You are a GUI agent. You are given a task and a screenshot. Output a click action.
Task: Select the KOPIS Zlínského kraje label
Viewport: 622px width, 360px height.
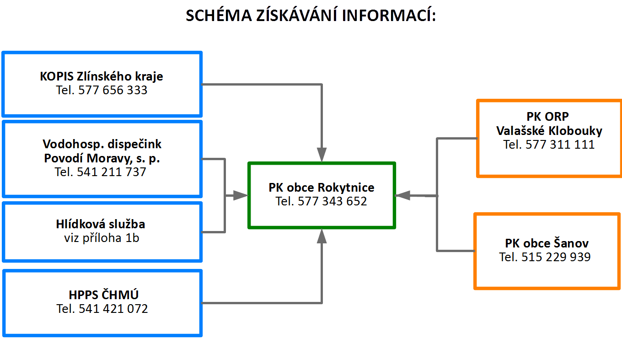(102, 76)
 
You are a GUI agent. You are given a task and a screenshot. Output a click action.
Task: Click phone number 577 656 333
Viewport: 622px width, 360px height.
(113, 90)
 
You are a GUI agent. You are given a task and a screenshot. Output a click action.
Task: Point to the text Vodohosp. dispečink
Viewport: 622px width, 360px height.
(102, 144)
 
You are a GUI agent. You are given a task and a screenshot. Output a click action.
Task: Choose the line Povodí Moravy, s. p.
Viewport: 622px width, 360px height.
(102, 158)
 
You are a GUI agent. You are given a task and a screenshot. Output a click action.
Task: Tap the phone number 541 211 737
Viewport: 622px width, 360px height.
(111, 172)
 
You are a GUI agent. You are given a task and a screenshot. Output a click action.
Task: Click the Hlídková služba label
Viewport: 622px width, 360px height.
(101, 224)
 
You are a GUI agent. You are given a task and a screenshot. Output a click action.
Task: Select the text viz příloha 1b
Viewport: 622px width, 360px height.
(102, 238)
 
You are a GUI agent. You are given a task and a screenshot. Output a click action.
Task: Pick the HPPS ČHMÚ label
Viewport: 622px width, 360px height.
(103, 295)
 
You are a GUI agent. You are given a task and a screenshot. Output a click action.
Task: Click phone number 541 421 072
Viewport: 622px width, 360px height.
(113, 309)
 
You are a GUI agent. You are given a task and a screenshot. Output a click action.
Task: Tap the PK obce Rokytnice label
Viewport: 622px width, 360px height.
(321, 188)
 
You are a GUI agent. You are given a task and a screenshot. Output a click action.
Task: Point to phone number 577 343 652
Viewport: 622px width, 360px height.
(332, 201)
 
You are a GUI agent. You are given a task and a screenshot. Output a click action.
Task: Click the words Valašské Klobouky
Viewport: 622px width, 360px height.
(549, 131)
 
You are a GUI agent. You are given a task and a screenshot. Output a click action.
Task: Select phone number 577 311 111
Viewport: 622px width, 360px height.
(560, 145)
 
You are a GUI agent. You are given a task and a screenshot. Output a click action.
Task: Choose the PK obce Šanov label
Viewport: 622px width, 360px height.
(547, 243)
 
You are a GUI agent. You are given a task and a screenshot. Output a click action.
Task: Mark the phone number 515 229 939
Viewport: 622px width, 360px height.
(556, 257)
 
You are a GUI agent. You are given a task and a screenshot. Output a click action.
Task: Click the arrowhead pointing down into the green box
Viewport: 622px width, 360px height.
(322, 155)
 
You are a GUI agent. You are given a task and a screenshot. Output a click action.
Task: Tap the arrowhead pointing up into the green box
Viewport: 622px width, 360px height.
(322, 236)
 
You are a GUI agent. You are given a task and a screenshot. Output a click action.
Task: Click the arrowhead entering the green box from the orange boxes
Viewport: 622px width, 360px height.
(402, 196)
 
